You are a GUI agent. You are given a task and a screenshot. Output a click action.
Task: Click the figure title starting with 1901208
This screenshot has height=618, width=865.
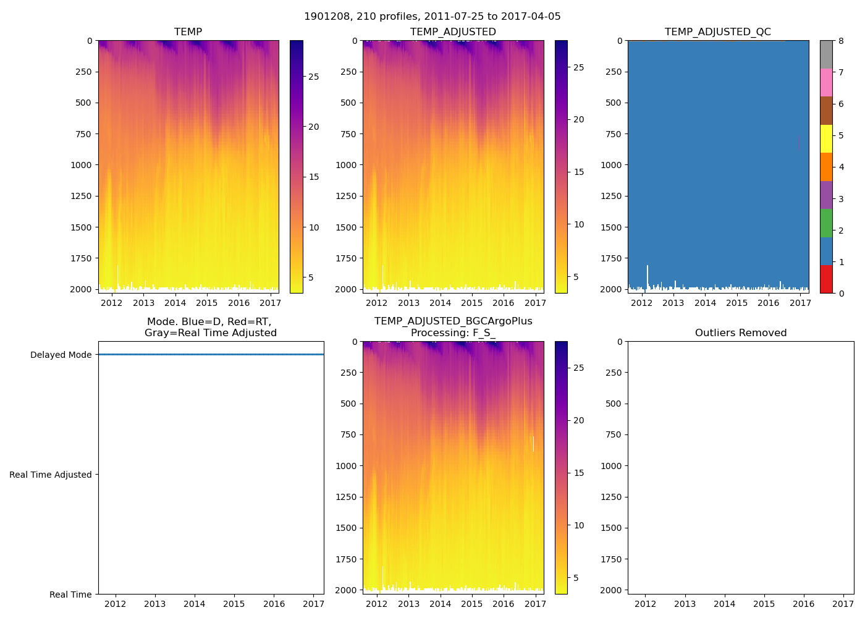click(432, 17)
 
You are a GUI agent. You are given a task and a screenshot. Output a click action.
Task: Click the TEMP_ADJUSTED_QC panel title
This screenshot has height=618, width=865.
click(717, 32)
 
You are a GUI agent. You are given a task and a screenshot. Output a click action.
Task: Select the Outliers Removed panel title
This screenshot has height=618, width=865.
click(740, 333)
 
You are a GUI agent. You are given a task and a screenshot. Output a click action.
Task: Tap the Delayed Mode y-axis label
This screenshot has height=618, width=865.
click(61, 355)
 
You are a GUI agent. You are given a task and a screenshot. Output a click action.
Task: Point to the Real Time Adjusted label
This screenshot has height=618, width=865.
click(51, 475)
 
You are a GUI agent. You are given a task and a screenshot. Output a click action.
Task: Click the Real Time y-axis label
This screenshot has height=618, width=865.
click(70, 595)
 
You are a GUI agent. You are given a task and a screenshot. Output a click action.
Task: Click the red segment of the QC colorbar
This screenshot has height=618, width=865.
click(826, 279)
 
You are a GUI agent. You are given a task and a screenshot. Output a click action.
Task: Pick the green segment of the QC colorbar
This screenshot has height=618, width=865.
click(826, 223)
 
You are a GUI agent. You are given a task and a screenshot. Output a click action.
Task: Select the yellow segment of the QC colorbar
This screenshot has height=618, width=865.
click(826, 139)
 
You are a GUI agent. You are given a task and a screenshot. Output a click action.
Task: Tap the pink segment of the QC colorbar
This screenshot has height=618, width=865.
click(826, 83)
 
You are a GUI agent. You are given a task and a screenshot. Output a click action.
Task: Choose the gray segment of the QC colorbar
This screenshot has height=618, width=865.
click(826, 54)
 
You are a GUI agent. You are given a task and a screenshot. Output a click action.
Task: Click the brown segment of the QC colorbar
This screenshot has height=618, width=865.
click(826, 111)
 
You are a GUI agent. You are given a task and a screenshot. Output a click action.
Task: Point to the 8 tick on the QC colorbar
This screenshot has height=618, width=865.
click(841, 41)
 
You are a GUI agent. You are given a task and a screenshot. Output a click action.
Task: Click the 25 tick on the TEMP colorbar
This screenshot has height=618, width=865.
click(314, 77)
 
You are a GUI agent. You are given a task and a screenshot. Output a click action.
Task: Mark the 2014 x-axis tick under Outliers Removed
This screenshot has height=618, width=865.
click(724, 604)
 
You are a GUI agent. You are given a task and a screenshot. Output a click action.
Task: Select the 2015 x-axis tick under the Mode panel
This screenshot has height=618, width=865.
click(234, 604)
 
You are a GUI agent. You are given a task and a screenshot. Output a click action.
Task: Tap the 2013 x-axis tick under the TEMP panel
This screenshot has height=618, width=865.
click(143, 303)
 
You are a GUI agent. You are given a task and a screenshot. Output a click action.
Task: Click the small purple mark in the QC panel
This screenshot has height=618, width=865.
click(798, 143)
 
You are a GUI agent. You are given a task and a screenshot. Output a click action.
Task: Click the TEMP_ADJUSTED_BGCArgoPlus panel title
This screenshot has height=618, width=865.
click(453, 327)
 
